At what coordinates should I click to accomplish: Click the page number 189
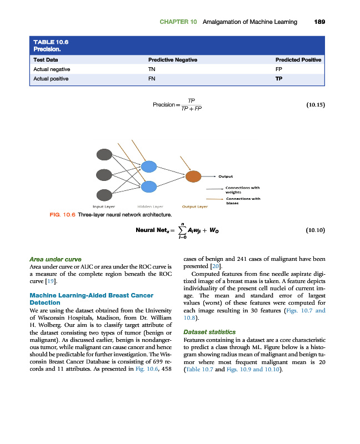319,22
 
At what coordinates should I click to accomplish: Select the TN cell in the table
152,69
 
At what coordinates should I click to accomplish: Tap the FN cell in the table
152,79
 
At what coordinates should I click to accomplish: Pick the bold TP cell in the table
279,79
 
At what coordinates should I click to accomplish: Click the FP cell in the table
279,69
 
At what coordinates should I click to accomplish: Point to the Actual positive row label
51,79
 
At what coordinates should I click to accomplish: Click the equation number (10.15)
315,104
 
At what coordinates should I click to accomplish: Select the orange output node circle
193,176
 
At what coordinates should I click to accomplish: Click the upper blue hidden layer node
149,166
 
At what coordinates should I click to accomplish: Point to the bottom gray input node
104,194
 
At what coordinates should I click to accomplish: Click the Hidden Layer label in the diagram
149,206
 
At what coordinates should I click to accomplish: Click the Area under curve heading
55,259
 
